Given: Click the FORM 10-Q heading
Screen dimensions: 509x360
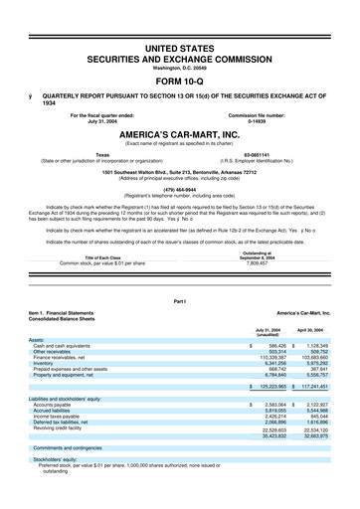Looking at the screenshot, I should [180, 82].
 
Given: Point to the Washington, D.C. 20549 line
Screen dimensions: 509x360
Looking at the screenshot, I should [180, 68].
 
